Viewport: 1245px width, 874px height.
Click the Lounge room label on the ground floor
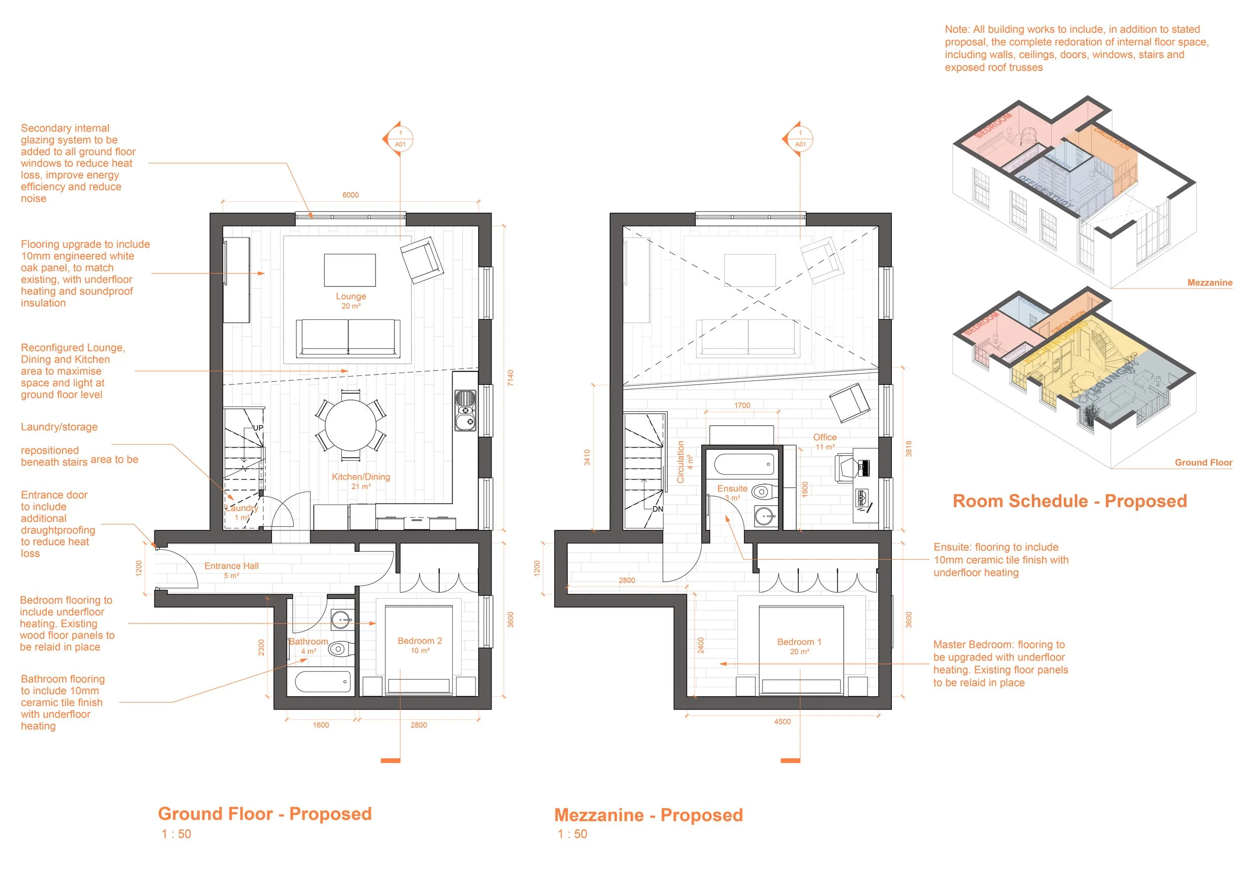(x=351, y=297)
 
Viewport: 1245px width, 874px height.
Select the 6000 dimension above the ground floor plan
(x=350, y=195)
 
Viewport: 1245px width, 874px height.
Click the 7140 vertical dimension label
(x=510, y=378)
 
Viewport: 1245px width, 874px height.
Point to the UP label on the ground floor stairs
(x=258, y=428)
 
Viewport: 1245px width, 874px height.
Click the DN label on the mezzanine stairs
(x=657, y=509)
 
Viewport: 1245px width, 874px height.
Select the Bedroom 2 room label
(x=420, y=641)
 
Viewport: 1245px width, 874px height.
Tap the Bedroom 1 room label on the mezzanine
(x=799, y=642)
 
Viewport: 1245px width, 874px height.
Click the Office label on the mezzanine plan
(x=824, y=438)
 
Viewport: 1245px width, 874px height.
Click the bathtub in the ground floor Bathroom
(x=323, y=682)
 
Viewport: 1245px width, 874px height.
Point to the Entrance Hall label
(x=231, y=566)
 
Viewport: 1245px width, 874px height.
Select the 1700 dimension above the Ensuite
(x=742, y=405)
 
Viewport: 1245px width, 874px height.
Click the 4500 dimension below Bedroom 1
(x=782, y=722)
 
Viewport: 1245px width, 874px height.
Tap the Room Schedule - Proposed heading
(x=1069, y=501)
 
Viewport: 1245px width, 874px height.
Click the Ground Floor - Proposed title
(x=264, y=814)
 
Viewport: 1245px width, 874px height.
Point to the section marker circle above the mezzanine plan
(x=800, y=139)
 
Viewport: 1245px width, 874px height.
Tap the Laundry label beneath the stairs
(x=242, y=508)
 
